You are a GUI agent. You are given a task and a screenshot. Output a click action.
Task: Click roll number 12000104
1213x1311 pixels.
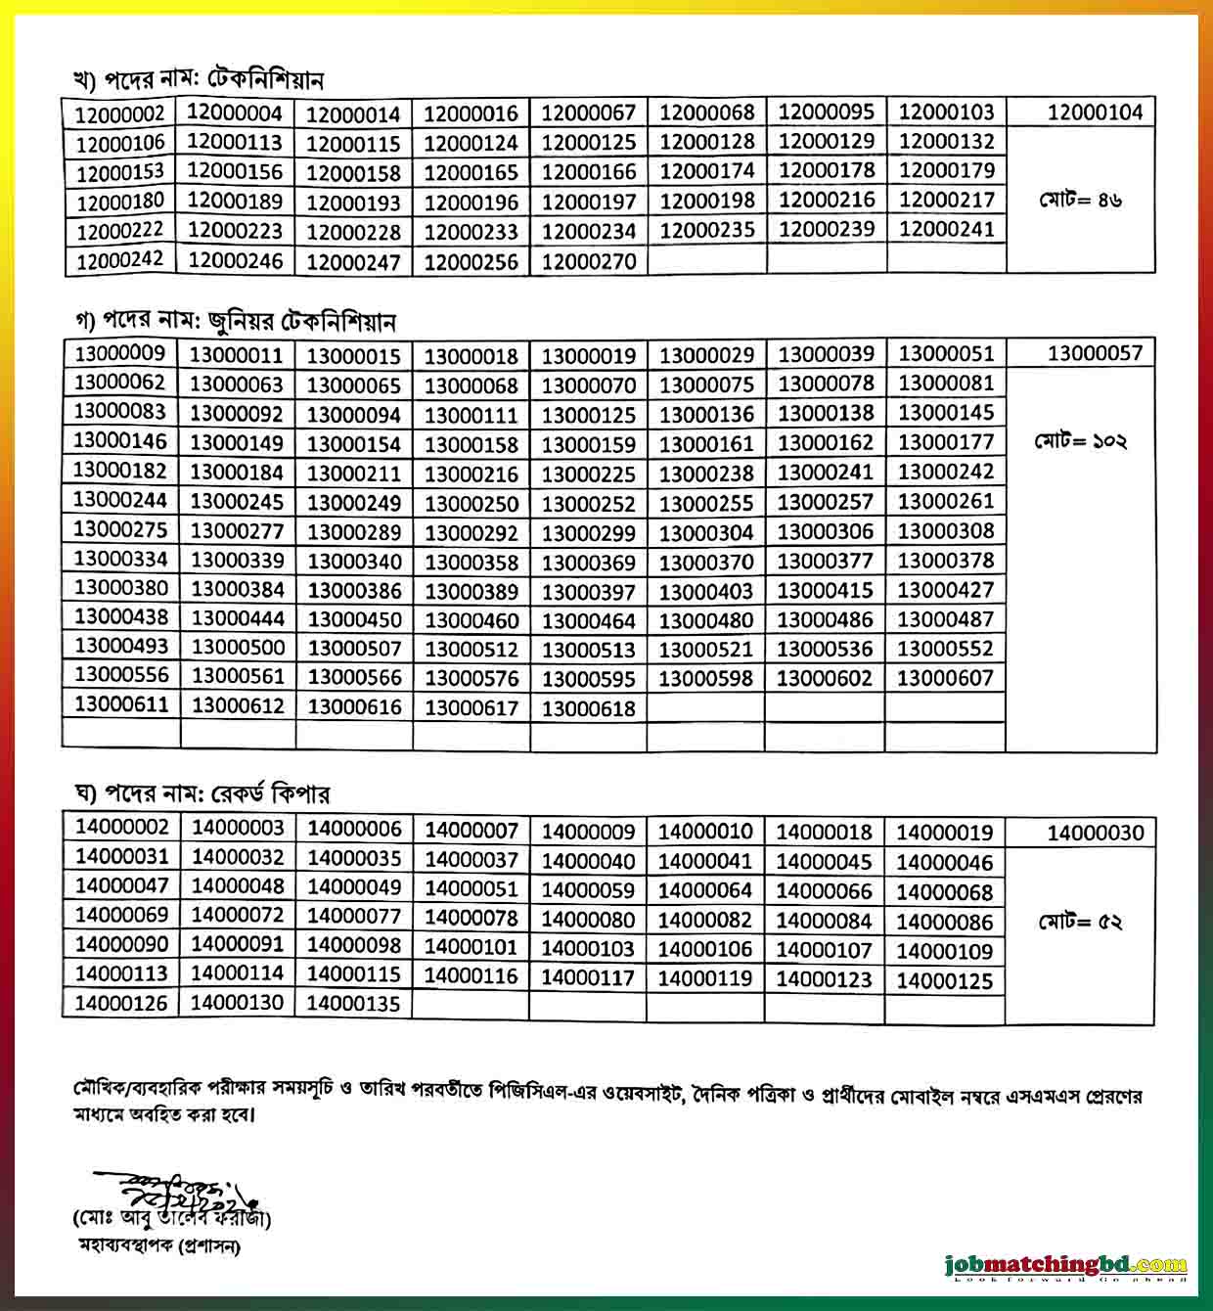point(1095,113)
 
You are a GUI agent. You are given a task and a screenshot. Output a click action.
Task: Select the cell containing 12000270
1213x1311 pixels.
point(589,261)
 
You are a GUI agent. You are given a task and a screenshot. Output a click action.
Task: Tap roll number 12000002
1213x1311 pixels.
point(120,113)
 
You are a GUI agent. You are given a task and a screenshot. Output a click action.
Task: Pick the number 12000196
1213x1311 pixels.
point(472,202)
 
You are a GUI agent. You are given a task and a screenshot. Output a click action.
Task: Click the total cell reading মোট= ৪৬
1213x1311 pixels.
point(1081,201)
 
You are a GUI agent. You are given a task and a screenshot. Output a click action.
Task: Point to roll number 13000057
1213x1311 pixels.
point(1095,353)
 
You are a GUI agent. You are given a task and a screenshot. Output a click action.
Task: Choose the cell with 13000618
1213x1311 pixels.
point(589,708)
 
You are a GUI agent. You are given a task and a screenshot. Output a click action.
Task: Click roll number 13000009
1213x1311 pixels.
point(120,353)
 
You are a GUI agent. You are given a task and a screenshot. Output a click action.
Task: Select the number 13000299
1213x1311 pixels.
point(589,533)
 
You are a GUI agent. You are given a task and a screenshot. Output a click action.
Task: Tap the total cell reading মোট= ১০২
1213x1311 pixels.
point(1081,441)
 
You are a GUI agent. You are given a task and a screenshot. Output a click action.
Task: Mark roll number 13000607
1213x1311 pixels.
point(945,678)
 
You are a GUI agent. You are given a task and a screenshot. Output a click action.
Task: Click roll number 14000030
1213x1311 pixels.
point(1095,834)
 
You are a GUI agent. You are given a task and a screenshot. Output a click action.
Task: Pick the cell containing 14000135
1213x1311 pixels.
point(354,1003)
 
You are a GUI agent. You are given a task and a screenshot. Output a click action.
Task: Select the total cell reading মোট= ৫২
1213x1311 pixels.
point(1081,922)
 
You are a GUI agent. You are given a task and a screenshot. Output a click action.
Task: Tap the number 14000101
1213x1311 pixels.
point(472,948)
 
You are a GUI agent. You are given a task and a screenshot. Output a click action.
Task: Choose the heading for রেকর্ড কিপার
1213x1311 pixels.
point(202,793)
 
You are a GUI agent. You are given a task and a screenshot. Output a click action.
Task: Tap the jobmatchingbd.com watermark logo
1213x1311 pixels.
point(1067,1266)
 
